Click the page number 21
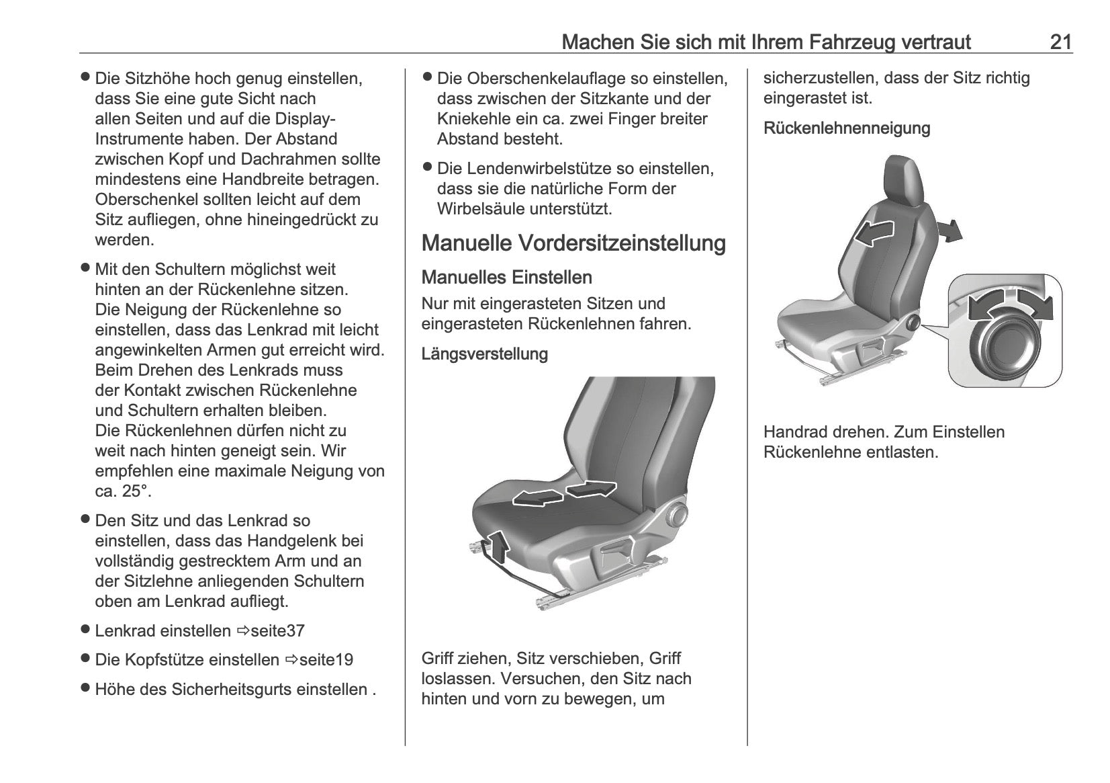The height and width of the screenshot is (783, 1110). click(1060, 42)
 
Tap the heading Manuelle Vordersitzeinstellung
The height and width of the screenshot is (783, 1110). click(573, 243)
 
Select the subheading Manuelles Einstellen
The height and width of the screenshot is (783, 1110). click(506, 278)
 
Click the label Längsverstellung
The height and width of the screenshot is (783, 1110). click(484, 354)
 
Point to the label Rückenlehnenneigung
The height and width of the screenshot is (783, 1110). click(846, 128)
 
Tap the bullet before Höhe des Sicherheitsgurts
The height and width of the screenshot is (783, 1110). click(85, 688)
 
